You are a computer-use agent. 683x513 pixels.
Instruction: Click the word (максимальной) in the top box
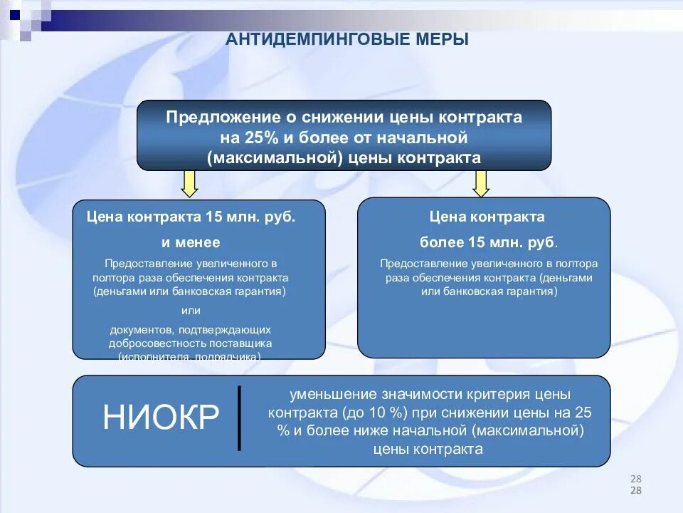[x=273, y=157]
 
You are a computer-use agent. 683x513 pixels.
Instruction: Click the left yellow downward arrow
[x=189, y=183]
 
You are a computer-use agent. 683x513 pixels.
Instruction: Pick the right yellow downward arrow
[x=482, y=183]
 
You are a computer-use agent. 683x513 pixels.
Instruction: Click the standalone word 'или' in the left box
[x=191, y=311]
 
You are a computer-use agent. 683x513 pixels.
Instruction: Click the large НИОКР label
[x=161, y=418]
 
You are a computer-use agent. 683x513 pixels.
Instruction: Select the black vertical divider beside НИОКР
[x=240, y=418]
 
